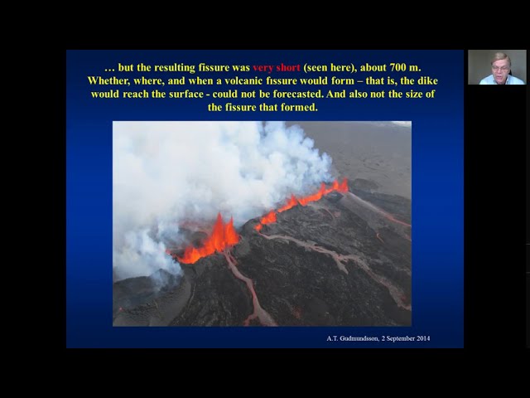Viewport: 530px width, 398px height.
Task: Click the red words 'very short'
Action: click(x=280, y=67)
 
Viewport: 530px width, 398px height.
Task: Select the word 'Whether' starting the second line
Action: click(x=110, y=80)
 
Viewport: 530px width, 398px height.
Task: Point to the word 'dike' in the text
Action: click(x=425, y=80)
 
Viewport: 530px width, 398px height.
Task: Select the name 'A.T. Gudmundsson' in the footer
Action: click(x=357, y=338)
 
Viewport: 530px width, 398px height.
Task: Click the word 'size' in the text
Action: click(x=409, y=94)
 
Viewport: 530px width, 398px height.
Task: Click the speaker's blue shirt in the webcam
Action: click(x=500, y=80)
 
